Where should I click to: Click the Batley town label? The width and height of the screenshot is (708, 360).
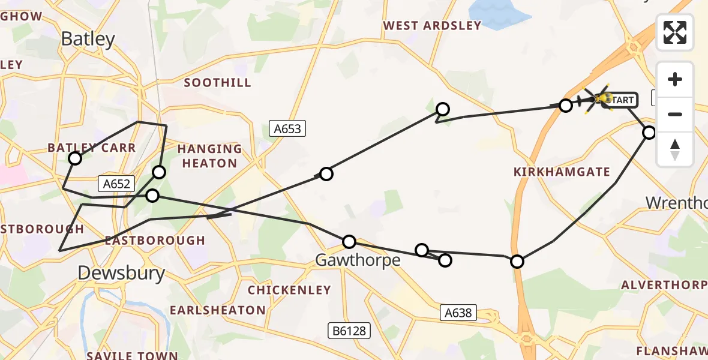(x=88, y=40)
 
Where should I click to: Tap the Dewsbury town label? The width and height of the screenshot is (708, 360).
(x=121, y=274)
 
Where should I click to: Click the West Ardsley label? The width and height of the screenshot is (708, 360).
(x=432, y=25)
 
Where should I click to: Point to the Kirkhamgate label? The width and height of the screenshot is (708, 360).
(x=562, y=172)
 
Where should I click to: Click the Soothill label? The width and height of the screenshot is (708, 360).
(x=217, y=83)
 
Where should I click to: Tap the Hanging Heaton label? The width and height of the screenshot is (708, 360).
(x=209, y=156)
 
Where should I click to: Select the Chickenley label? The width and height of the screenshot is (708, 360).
(x=289, y=290)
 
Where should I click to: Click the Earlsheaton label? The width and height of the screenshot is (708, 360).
(x=217, y=310)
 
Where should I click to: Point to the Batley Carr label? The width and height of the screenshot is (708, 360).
(x=92, y=148)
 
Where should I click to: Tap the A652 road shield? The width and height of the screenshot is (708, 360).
(x=116, y=184)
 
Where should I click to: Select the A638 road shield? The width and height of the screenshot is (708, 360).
(x=459, y=312)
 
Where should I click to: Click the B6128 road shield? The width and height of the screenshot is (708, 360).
(x=350, y=331)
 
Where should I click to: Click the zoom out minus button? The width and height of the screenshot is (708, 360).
(x=675, y=114)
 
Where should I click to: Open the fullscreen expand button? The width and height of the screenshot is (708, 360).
(x=675, y=32)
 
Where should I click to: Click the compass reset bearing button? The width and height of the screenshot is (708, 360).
(x=675, y=149)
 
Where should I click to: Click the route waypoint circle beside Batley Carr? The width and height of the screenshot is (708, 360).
(x=75, y=158)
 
